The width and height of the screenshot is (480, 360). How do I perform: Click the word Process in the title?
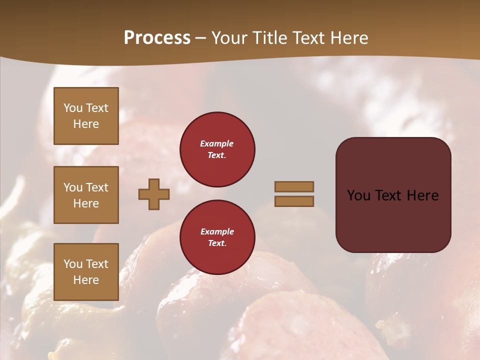coord(157,38)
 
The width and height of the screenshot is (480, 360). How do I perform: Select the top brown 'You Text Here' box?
coord(86,116)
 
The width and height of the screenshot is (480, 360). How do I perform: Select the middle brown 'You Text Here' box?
coord(86,195)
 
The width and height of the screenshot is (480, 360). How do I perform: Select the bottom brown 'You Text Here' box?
coord(86,272)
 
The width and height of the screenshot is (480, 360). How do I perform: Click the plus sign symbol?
coord(154,194)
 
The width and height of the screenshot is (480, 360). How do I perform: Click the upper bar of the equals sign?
coord(294,186)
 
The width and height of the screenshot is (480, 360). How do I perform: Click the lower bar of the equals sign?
coord(294,201)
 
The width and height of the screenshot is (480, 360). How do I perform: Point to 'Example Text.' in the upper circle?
coord(217,149)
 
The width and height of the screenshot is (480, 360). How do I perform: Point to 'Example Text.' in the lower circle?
coord(217,237)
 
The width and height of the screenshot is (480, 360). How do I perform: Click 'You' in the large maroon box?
coord(358,195)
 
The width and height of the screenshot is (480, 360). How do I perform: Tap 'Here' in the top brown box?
coord(86,124)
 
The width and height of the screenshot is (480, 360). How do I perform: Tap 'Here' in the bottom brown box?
coord(86,280)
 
